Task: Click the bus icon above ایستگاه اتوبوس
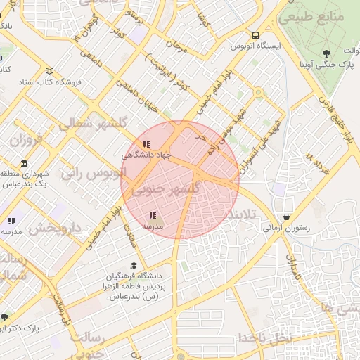tap(255, 34)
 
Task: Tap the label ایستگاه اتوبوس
tap(258, 46)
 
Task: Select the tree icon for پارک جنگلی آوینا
tap(326, 53)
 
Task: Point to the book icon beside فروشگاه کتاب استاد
tap(49, 71)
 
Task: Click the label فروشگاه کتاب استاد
tap(49, 82)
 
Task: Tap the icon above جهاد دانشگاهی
tap(146, 145)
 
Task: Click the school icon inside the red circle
tap(153, 216)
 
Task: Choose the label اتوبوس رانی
tap(93, 172)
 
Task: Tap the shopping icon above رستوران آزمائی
tap(286, 217)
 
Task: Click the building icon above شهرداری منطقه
tap(25, 163)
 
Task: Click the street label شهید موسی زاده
tap(220, 139)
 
